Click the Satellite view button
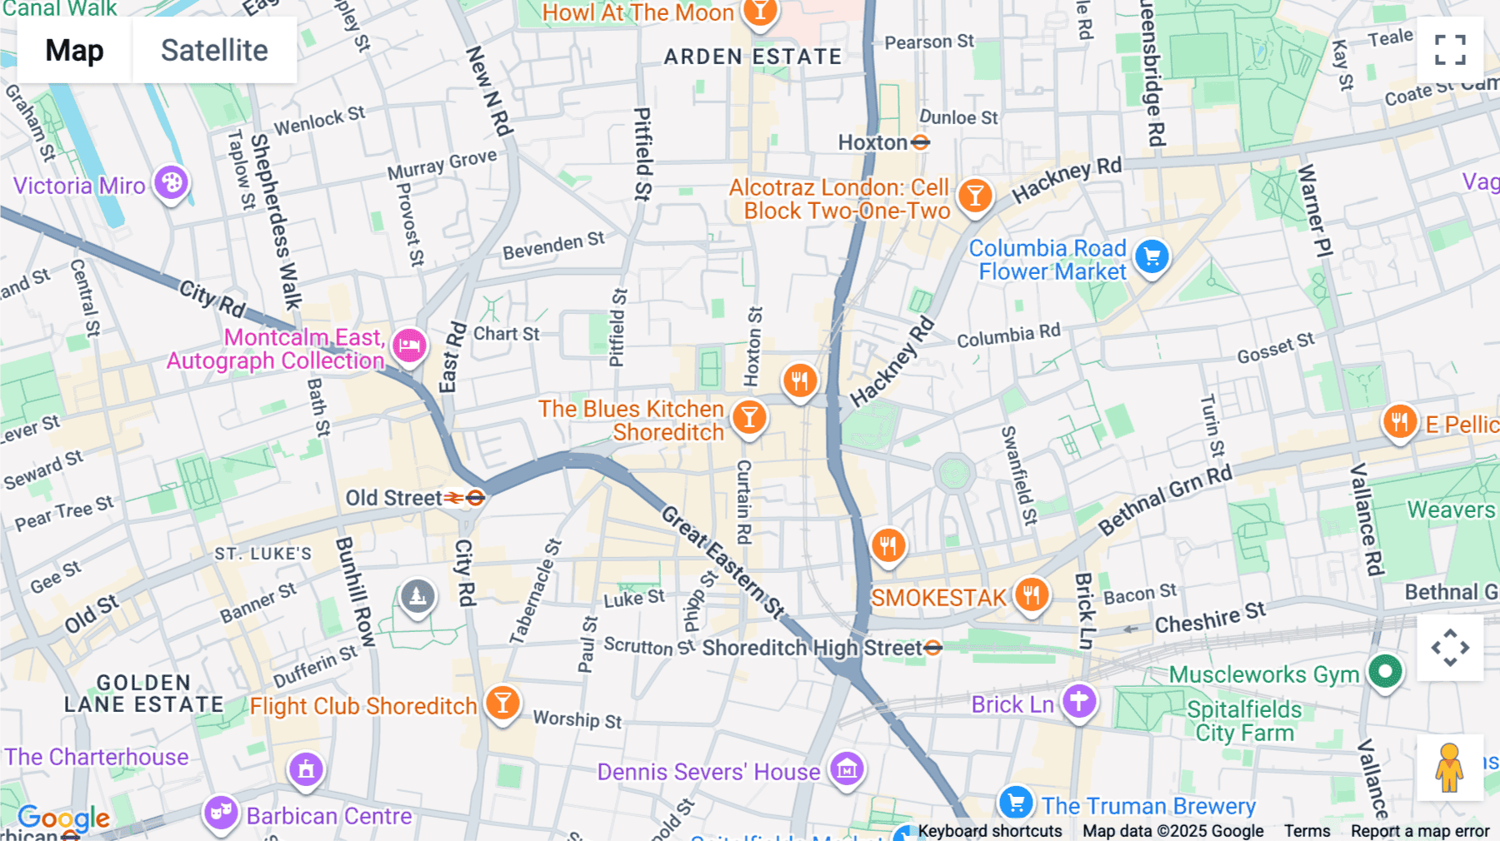tap(214, 51)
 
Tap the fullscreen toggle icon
tap(1450, 50)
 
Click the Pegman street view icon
tap(1449, 767)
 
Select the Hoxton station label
tap(872, 142)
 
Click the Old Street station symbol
tap(475, 498)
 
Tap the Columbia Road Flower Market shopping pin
tap(1152, 257)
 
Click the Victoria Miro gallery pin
tap(172, 182)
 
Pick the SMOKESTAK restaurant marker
tap(1032, 595)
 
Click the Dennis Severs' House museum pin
tap(847, 769)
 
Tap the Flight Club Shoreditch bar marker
tap(502, 703)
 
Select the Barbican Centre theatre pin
tap(221, 812)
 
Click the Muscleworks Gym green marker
tap(1385, 671)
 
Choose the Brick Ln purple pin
tap(1078, 701)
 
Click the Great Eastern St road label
tap(723, 562)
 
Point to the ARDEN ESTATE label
tap(752, 57)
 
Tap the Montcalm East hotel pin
tap(410, 345)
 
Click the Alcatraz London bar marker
tap(974, 197)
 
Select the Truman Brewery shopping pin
tap(1015, 803)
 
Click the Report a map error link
tap(1419, 831)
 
